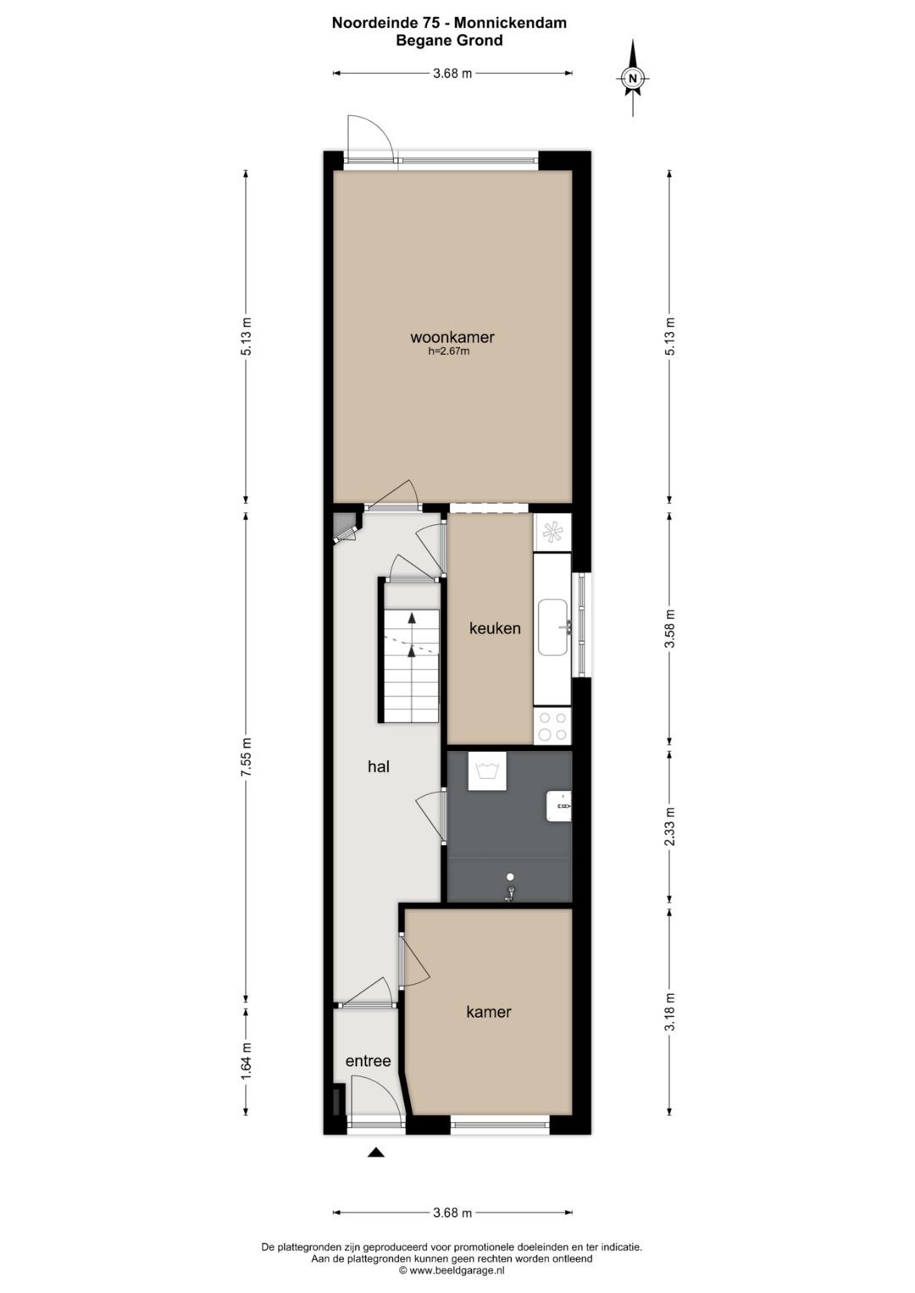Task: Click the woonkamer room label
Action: (x=452, y=337)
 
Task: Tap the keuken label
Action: (x=495, y=628)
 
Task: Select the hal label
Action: (x=378, y=767)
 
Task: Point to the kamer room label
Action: (x=489, y=1012)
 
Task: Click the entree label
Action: (x=368, y=1061)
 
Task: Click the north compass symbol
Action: (x=633, y=79)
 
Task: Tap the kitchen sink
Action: (x=553, y=627)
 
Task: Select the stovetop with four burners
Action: (x=553, y=727)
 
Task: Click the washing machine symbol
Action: (x=487, y=771)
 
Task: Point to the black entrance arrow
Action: (x=376, y=1152)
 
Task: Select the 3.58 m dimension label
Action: (x=669, y=628)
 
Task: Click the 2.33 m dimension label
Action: (x=669, y=826)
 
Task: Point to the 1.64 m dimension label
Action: (x=247, y=1061)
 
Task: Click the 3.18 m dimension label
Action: (x=669, y=1012)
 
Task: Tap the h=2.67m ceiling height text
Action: (x=449, y=351)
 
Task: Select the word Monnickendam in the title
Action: (x=511, y=23)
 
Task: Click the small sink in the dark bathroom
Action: (x=559, y=806)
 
